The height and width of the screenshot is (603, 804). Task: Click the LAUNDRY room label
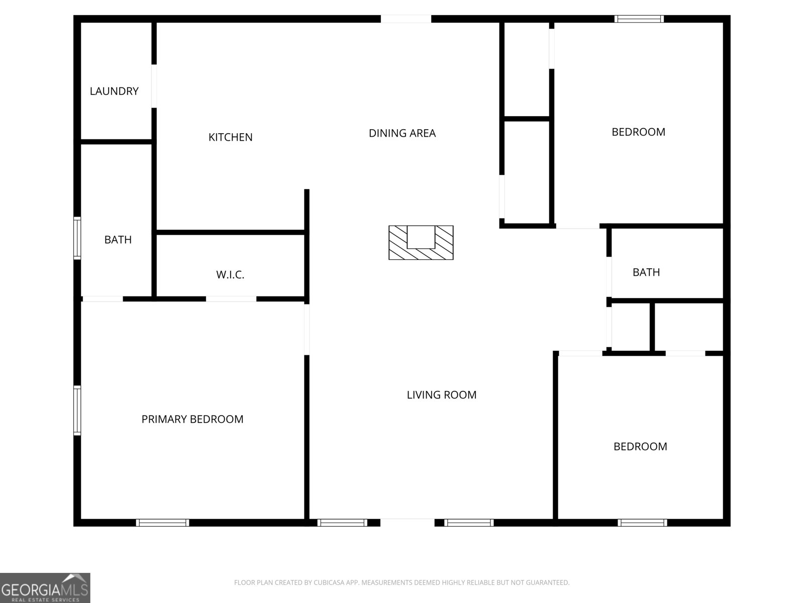click(x=114, y=91)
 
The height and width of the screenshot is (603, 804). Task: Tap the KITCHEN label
click(x=230, y=137)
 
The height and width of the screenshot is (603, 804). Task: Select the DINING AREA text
click(x=402, y=133)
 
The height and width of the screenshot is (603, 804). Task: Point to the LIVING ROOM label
click(x=441, y=394)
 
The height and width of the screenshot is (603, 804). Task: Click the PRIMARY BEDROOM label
click(x=192, y=419)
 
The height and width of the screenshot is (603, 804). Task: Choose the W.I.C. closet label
click(x=230, y=274)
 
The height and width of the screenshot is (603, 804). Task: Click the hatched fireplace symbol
click(x=421, y=243)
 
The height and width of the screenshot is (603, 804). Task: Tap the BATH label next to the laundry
click(x=118, y=240)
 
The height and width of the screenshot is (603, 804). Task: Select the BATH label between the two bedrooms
click(x=646, y=272)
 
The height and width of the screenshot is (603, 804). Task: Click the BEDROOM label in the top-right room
click(x=639, y=132)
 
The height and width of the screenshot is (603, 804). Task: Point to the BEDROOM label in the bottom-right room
click(x=640, y=447)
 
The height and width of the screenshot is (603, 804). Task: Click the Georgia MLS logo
click(x=45, y=588)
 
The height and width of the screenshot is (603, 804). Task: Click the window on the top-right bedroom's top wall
click(x=639, y=19)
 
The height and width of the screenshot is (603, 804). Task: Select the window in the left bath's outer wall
click(x=77, y=238)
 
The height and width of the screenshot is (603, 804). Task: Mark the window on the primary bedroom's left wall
click(x=77, y=411)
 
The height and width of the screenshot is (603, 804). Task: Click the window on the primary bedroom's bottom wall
click(x=163, y=523)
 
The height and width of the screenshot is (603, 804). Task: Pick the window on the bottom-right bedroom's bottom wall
click(x=643, y=523)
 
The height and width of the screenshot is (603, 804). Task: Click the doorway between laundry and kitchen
click(x=154, y=86)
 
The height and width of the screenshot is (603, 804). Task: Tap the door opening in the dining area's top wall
click(x=406, y=19)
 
